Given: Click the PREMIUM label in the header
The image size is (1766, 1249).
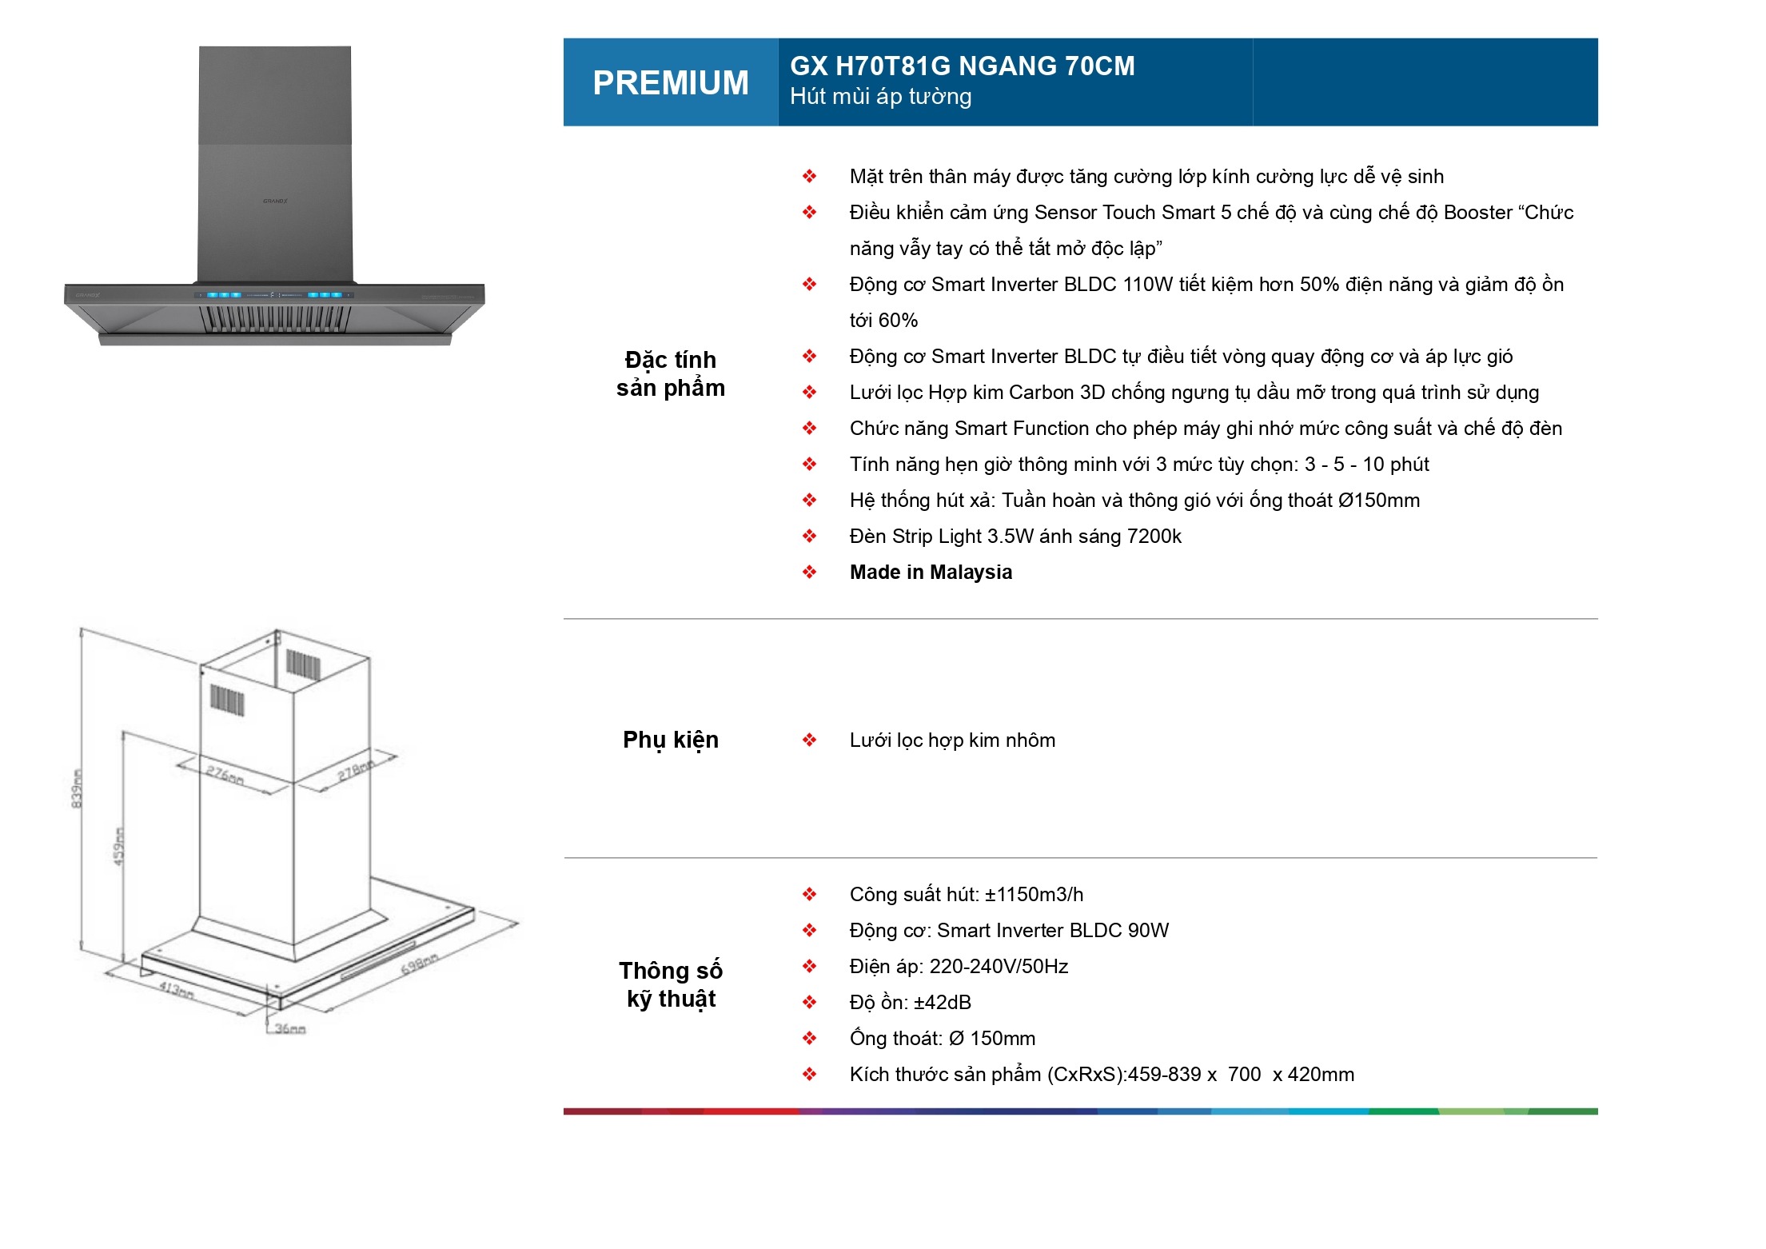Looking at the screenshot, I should click(670, 83).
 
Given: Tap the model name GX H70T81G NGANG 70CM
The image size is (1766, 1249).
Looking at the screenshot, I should click(962, 66).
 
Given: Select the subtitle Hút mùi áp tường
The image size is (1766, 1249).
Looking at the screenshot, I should click(880, 97).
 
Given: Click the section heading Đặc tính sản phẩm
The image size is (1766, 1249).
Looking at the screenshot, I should click(670, 373).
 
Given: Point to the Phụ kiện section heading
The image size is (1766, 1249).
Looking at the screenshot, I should click(670, 740).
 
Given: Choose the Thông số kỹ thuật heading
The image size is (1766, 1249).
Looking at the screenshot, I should click(670, 984).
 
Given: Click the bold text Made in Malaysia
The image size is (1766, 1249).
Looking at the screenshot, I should click(931, 573).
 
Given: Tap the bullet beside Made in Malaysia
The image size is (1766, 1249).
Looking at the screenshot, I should click(809, 573).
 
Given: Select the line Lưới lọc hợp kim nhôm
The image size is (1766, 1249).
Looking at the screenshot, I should click(951, 740).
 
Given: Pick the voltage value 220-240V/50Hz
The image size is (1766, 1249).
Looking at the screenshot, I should click(999, 967).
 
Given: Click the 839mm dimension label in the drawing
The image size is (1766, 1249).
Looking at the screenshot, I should click(77, 788).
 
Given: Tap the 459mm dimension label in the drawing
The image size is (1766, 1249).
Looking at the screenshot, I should click(119, 846).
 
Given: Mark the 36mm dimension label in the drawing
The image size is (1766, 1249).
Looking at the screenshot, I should click(290, 1029).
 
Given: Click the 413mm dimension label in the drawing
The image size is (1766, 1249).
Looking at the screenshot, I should click(176, 990).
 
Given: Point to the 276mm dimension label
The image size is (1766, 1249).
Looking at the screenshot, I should click(225, 775).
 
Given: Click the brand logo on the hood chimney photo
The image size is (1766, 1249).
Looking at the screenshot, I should click(275, 201).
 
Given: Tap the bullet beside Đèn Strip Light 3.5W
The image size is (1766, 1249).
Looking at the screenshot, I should click(809, 537).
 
